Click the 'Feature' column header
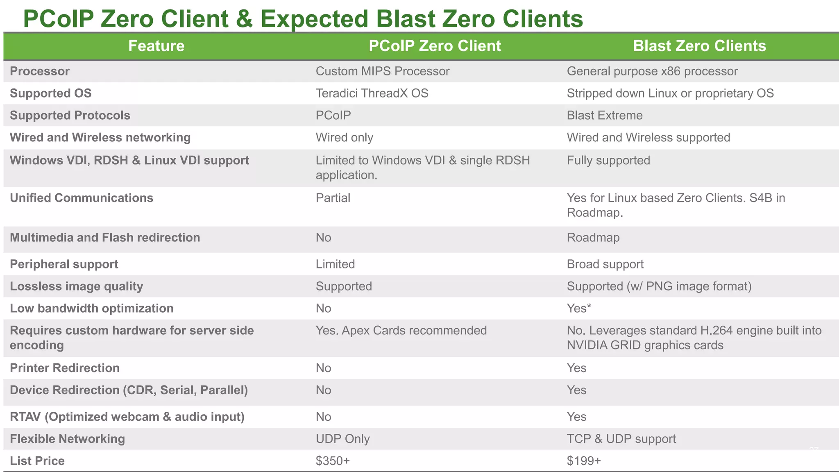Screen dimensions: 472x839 point(156,46)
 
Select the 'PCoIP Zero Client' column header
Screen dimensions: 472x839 point(435,46)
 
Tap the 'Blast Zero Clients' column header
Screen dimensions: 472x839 point(699,46)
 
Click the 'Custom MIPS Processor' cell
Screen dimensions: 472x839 point(382,71)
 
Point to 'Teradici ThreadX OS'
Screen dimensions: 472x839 point(372,93)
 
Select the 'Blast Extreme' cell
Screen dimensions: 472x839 point(604,116)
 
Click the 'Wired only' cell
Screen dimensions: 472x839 point(344,138)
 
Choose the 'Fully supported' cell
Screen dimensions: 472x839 point(608,160)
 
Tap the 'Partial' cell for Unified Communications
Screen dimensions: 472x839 point(333,198)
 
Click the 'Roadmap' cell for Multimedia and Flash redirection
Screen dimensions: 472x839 point(593,238)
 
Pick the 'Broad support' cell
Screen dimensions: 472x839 point(605,264)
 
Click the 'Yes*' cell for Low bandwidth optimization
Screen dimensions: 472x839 point(578,309)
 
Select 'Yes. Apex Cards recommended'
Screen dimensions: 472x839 point(401,331)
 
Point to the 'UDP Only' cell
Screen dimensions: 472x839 point(342,439)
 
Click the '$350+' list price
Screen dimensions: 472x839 point(333,461)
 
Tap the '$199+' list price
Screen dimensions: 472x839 point(583,461)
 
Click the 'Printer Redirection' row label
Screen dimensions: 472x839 point(65,368)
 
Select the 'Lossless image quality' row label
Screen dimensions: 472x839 point(76,286)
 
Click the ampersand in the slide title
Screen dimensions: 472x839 point(244,19)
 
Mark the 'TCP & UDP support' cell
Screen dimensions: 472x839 point(621,439)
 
